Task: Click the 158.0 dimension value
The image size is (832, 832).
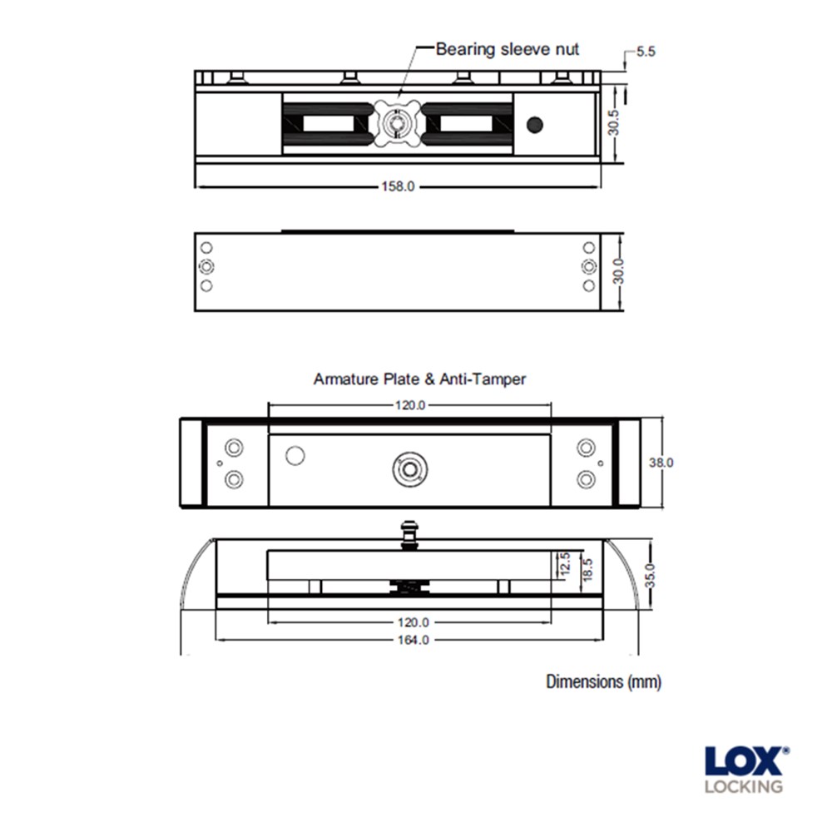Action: [x=398, y=186]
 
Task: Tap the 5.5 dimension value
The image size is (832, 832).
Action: [x=646, y=51]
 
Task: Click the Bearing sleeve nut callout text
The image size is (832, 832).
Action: [x=508, y=48]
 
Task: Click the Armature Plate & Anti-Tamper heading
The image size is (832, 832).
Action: [x=419, y=379]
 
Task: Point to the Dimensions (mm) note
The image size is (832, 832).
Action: [x=603, y=682]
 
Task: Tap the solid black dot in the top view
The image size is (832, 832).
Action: [x=535, y=125]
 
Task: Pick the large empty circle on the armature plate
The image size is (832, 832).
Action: [x=295, y=455]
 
